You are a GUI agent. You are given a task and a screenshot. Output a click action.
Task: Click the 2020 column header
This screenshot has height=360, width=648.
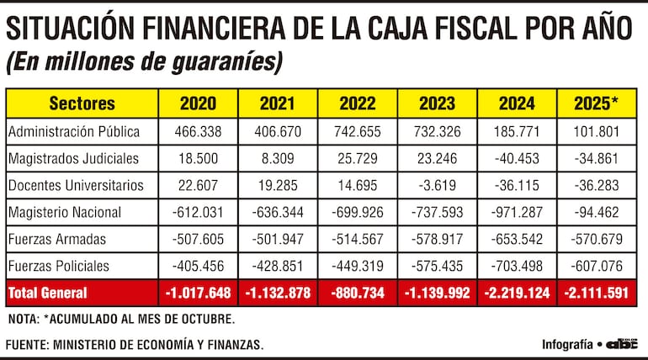tap(198, 104)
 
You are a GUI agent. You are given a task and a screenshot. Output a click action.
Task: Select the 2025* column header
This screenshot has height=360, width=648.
tap(596, 104)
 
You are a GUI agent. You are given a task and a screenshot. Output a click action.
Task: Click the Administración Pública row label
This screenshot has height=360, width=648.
tap(73, 131)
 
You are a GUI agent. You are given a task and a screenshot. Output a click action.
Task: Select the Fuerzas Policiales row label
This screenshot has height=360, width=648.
tap(58, 266)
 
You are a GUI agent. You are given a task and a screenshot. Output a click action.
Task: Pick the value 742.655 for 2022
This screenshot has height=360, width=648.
tap(357, 131)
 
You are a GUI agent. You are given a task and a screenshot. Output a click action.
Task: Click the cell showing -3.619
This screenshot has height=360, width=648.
tap(436, 185)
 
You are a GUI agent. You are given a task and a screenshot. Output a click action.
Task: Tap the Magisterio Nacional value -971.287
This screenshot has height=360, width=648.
tap(516, 212)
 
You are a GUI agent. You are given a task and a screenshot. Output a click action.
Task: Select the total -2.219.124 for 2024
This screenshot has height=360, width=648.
tap(516, 293)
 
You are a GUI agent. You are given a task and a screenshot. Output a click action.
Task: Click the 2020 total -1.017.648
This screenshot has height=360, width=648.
tap(198, 293)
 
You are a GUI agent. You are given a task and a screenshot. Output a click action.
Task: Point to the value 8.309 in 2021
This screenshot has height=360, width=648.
tap(277, 158)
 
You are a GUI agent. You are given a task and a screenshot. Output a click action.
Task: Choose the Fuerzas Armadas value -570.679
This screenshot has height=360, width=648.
tap(596, 239)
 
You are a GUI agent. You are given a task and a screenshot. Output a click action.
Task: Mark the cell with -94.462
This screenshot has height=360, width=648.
tap(596, 212)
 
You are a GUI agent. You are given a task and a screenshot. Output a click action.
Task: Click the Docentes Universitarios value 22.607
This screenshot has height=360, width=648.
tap(198, 185)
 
